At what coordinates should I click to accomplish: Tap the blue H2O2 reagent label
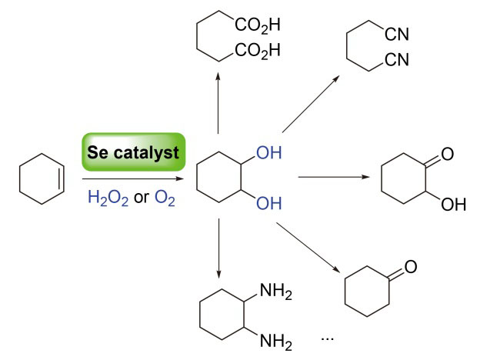point(108,198)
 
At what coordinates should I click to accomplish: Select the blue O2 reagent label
point(165,198)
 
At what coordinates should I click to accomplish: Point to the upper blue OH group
point(268,153)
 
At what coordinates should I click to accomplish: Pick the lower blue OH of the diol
point(268,204)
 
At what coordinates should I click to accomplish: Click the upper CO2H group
point(258,25)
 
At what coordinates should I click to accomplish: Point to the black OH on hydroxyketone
point(455,206)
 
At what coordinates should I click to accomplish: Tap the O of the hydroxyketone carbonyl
point(446,154)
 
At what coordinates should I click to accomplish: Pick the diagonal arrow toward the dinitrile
point(312,103)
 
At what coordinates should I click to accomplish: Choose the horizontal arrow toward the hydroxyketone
point(333,178)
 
